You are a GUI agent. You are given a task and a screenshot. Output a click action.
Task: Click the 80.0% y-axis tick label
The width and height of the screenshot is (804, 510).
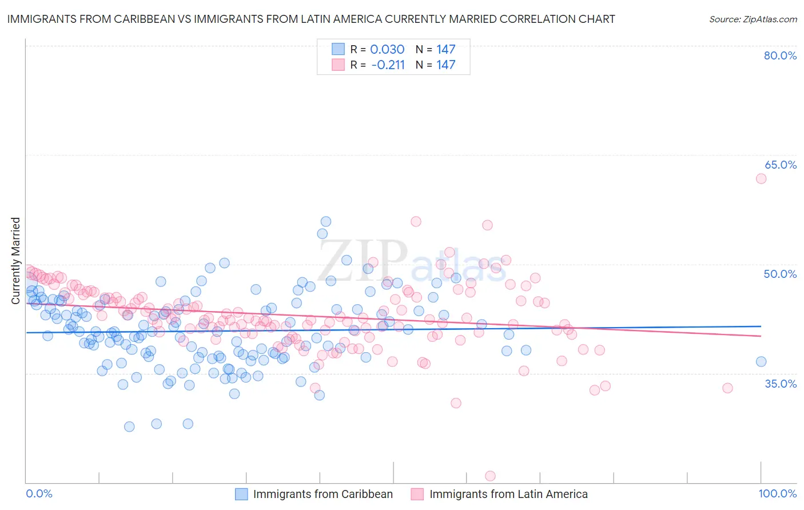780,55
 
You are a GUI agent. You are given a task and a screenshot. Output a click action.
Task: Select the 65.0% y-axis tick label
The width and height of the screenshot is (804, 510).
780,165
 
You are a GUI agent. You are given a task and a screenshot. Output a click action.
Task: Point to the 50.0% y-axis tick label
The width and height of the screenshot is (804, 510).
780,274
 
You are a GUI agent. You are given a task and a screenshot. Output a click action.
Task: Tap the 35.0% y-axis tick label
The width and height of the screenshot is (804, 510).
780,383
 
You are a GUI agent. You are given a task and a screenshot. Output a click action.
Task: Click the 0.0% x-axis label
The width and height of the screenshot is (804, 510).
39,493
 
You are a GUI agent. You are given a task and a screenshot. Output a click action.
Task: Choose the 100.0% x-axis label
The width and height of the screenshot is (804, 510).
777,493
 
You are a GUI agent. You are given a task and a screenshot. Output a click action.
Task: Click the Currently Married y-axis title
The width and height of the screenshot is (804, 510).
15,261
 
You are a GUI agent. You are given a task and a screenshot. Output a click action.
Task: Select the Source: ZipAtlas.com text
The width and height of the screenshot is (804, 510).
753,19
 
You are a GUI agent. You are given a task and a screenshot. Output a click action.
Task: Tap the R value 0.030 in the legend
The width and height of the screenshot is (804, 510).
387,49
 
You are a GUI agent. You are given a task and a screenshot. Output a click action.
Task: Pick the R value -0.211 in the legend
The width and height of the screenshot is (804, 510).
387,65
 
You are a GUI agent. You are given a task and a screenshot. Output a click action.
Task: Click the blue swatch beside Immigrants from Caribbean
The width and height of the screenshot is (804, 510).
241,494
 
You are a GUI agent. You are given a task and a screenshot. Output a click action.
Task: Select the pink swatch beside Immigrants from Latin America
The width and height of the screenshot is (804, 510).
417,494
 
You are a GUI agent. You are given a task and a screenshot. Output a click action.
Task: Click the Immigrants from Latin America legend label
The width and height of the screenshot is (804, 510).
508,494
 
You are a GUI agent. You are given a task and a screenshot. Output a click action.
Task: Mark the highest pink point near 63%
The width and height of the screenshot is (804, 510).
761,178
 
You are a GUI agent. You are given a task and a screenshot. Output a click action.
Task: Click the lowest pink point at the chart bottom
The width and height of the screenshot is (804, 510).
490,476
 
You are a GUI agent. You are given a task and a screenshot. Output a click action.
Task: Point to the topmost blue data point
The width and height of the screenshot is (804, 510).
326,221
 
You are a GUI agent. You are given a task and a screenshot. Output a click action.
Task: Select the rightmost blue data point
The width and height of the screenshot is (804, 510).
761,361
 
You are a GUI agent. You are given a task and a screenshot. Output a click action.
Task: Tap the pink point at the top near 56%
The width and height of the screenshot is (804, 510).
416,221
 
